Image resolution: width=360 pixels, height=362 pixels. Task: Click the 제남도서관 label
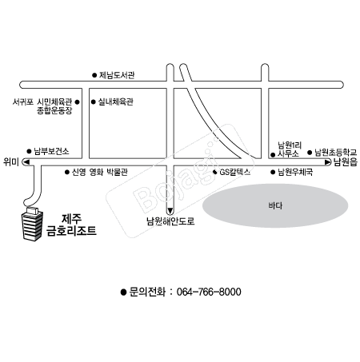click(x=117, y=75)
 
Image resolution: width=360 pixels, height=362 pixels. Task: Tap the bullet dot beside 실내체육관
click(x=94, y=101)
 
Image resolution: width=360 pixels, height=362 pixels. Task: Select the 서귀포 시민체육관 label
click(x=42, y=101)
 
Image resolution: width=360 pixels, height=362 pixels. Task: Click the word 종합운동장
click(x=54, y=110)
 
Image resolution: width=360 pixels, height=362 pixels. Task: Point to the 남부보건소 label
click(x=51, y=151)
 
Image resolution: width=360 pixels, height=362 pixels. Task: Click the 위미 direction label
click(x=11, y=161)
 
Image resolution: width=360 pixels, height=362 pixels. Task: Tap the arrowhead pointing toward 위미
click(x=26, y=162)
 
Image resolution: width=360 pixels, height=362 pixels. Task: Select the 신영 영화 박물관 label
click(x=100, y=172)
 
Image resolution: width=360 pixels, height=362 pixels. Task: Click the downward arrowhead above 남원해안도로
click(x=170, y=211)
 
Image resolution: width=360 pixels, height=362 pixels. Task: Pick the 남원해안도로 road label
click(x=170, y=221)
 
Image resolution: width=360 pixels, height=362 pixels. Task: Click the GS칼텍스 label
click(x=235, y=172)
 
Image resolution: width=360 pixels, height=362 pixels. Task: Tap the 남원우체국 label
click(x=295, y=172)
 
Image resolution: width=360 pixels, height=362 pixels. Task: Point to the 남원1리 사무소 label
click(x=290, y=149)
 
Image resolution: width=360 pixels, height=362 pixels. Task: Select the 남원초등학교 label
click(x=335, y=153)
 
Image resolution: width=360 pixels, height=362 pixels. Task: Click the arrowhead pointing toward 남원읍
click(x=328, y=162)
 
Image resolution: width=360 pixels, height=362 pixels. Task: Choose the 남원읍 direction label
click(x=346, y=162)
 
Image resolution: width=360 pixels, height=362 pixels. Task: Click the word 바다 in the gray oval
click(x=275, y=205)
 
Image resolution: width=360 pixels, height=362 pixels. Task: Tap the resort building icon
click(x=33, y=224)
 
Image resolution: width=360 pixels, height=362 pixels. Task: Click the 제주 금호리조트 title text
click(x=71, y=225)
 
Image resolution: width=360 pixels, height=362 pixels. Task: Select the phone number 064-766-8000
click(x=209, y=292)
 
